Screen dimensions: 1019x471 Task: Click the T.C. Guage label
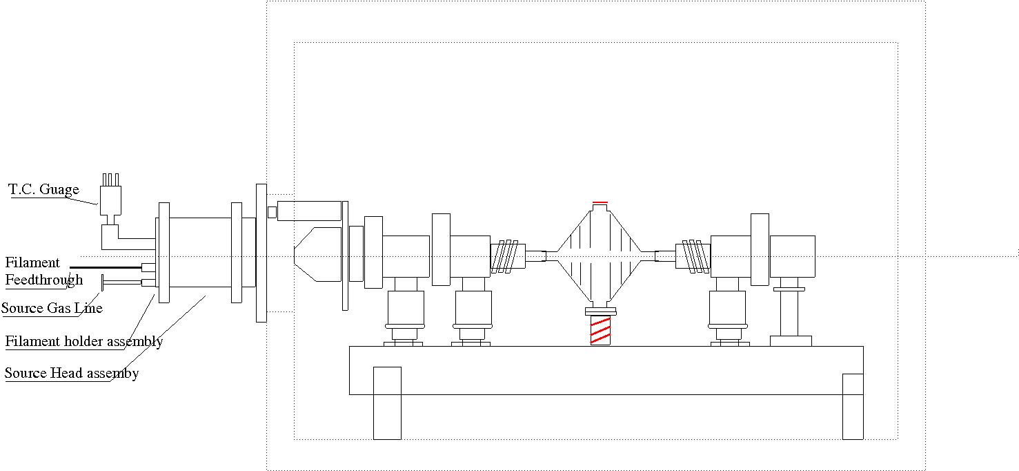point(43,189)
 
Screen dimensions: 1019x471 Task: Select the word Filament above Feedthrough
point(32,262)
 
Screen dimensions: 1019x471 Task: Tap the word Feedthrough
point(44,280)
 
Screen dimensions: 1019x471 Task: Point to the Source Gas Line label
point(52,308)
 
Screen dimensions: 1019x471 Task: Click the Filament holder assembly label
point(84,341)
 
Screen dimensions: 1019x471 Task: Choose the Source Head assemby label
point(72,373)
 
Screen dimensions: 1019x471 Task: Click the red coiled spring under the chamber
point(600,331)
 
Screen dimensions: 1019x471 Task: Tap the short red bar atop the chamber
point(600,202)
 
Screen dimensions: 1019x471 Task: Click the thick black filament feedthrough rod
point(106,267)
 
